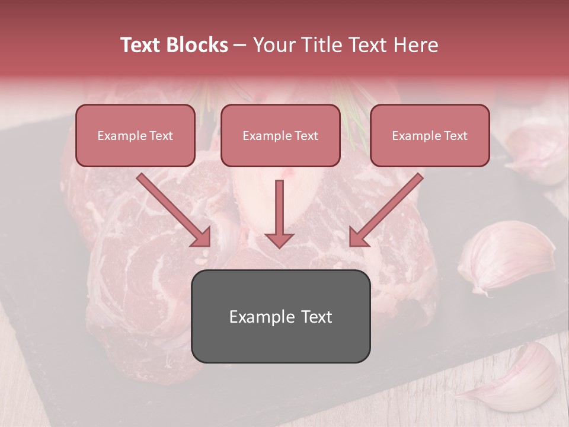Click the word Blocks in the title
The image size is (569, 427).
[x=197, y=45]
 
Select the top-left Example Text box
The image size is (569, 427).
[x=135, y=135]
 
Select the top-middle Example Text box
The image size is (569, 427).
[x=280, y=135]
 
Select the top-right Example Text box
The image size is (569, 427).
[x=430, y=135]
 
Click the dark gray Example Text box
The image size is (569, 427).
[x=281, y=316]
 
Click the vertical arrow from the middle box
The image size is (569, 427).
[x=279, y=211]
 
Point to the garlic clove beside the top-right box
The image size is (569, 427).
[x=536, y=148]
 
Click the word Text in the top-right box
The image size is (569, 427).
[x=455, y=136]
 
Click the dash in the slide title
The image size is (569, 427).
[x=240, y=45]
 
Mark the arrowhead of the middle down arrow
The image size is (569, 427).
[x=279, y=240]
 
